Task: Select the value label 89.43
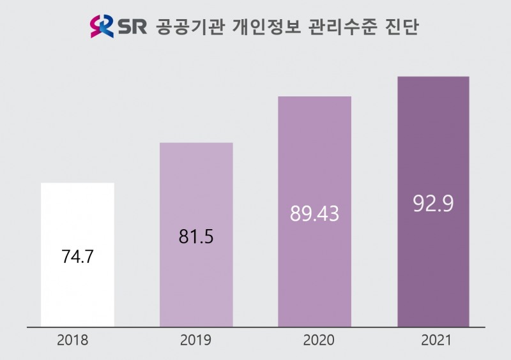pyautogui.click(x=314, y=214)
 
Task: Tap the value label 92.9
pyautogui.click(x=433, y=205)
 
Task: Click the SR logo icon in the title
pyautogui.click(x=102, y=27)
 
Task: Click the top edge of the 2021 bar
pyautogui.click(x=433, y=77)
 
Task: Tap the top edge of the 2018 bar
pyautogui.click(x=77, y=184)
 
